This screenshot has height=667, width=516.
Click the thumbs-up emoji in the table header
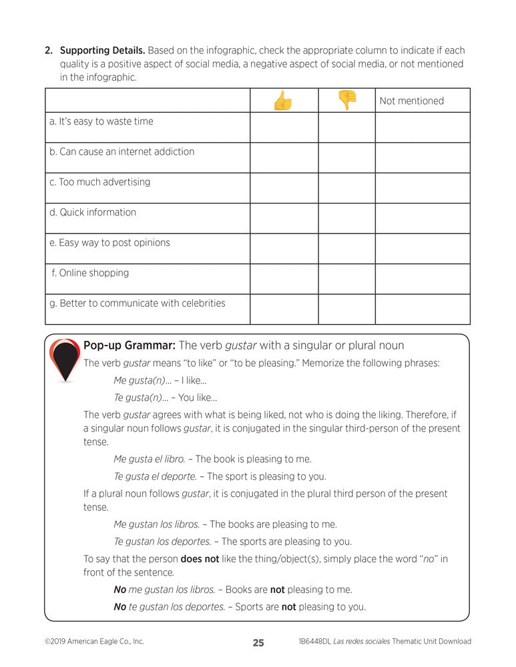tap(283, 101)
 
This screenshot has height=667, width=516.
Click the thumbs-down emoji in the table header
tap(347, 100)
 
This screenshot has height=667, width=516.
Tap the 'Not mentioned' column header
tap(411, 101)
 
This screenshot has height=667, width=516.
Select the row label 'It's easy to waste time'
tap(101, 121)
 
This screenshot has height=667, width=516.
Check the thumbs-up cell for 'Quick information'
tap(284, 218)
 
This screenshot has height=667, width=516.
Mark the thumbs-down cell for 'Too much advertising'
tap(346, 188)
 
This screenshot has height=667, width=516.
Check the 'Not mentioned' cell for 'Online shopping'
tap(422, 279)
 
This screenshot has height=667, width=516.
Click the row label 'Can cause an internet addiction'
tap(121, 151)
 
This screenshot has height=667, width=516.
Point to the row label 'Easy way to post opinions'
tap(109, 243)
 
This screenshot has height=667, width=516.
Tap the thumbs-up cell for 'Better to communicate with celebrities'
tap(284, 309)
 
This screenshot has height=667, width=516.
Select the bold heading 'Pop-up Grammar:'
tap(129, 346)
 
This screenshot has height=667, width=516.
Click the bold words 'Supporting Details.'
tap(102, 50)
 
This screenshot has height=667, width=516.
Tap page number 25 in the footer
tap(258, 643)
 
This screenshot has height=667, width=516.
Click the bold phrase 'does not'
tap(200, 559)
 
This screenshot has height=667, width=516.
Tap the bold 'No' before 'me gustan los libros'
tap(120, 590)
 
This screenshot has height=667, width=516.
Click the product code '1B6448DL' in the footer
tap(318, 642)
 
